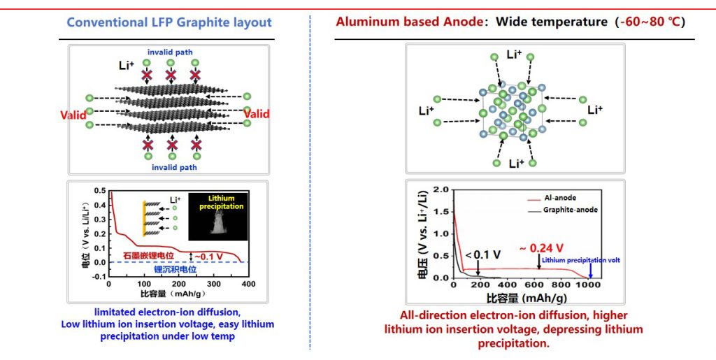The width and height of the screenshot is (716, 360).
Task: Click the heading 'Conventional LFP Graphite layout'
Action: (169, 22)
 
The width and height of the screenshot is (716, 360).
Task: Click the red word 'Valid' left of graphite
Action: (73, 115)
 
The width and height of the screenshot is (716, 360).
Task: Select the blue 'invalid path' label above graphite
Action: (169, 52)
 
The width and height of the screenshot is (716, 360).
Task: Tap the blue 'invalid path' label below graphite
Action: (169, 168)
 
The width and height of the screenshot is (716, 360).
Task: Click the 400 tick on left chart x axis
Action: (249, 285)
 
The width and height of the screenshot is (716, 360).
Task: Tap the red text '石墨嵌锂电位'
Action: (153, 256)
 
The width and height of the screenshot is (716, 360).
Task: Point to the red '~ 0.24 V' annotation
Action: (543, 248)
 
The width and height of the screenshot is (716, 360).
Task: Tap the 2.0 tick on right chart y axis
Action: (441, 189)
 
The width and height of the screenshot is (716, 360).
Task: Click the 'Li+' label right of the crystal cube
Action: (595, 110)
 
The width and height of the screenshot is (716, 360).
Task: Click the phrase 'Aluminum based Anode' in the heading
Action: (408, 22)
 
